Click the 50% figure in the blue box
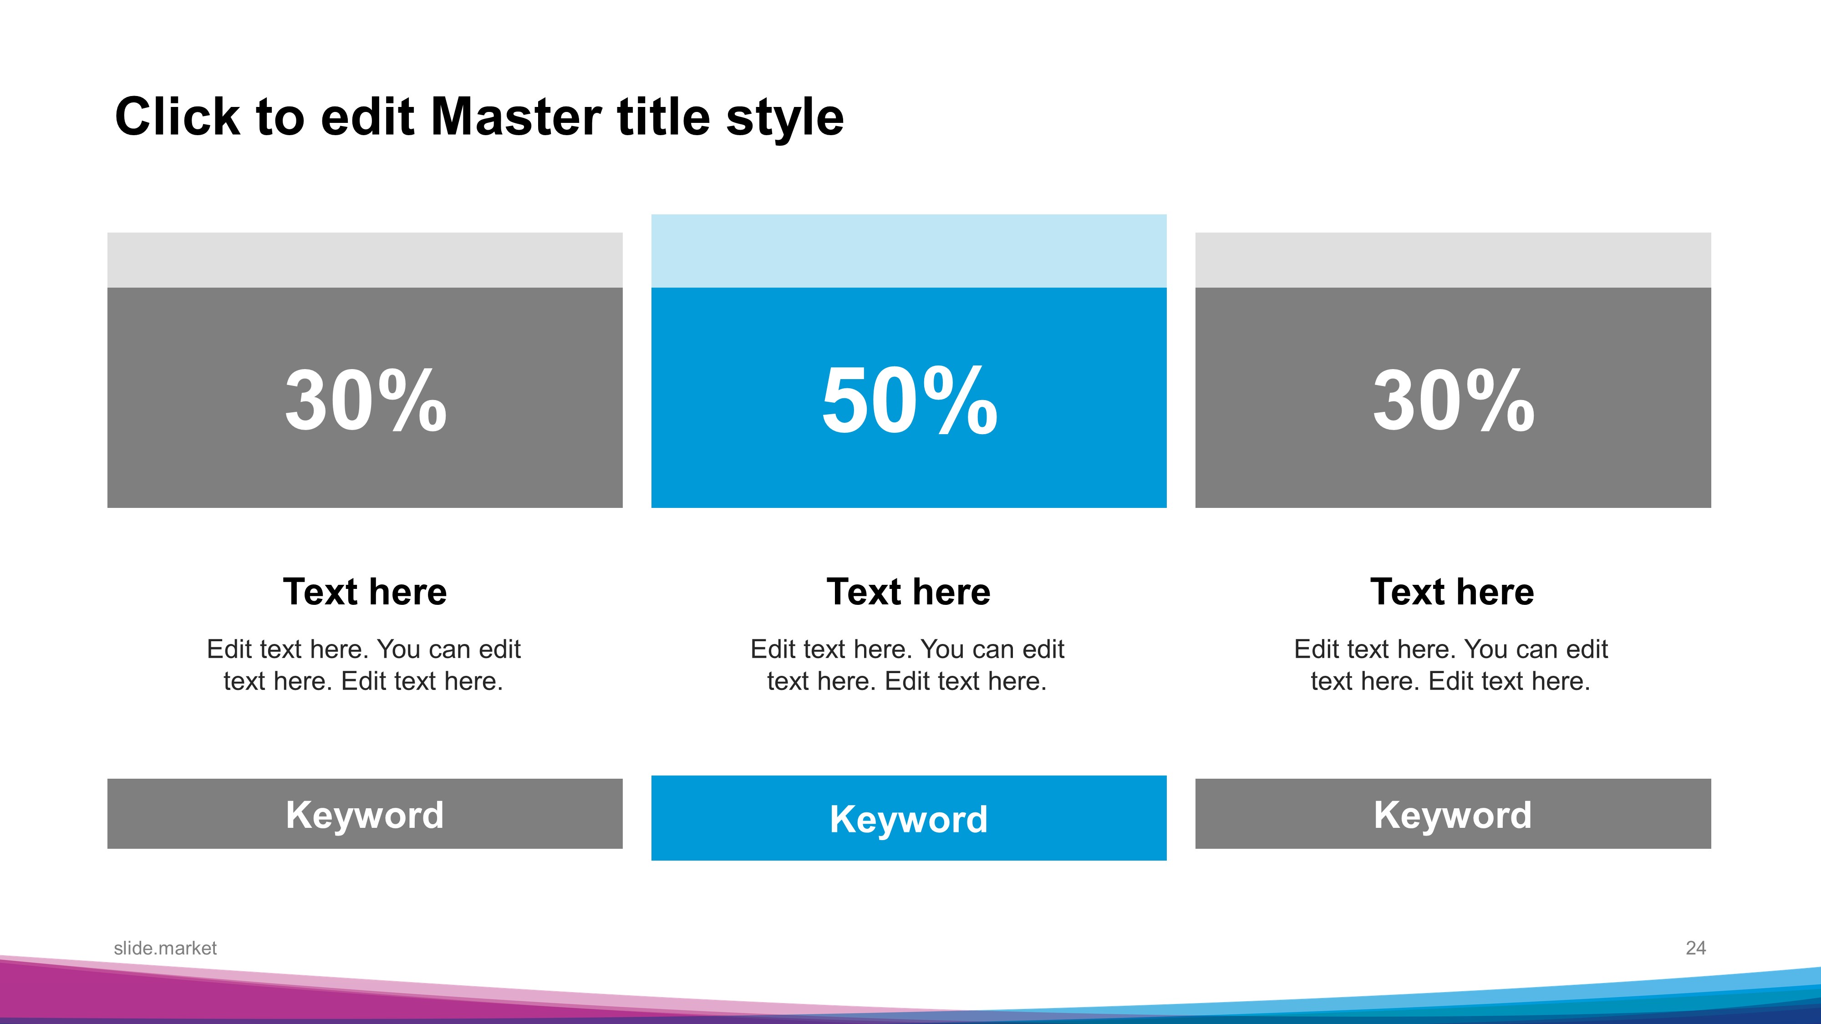point(909,400)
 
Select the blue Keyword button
point(909,818)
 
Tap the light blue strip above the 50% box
point(909,251)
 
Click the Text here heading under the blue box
point(909,592)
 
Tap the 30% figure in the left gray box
point(366,400)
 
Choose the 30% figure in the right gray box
point(1454,400)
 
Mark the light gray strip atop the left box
point(365,260)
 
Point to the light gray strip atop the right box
point(1454,260)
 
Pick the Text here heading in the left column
point(365,592)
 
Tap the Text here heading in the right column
point(1453,592)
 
